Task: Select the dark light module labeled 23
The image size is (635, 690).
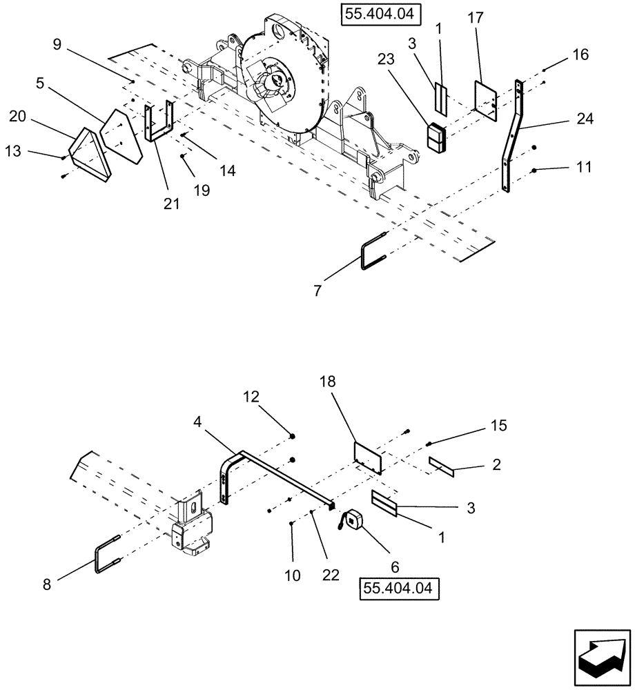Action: pos(436,138)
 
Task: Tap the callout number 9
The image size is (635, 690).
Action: pos(57,46)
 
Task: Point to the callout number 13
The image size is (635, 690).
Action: pos(14,151)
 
